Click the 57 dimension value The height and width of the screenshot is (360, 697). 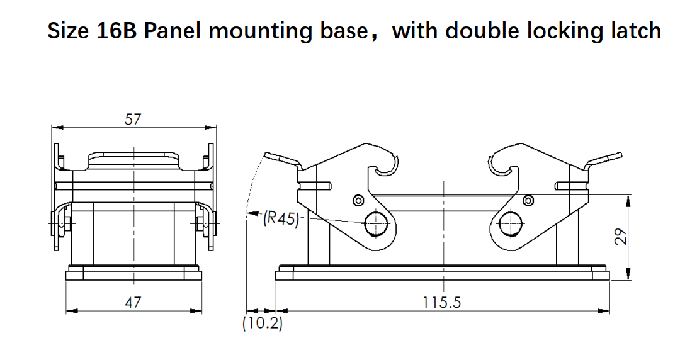tap(132, 119)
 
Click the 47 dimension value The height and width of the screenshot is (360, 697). tap(132, 303)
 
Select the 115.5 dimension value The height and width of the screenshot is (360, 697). tap(441, 303)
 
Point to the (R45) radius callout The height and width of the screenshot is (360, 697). tap(281, 218)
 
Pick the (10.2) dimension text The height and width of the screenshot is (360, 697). tap(263, 324)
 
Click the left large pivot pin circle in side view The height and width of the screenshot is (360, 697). tap(377, 223)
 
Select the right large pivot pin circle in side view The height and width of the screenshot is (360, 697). tap(511, 223)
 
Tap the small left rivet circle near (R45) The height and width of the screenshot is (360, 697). tap(358, 201)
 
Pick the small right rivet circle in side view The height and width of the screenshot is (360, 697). tap(528, 201)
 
